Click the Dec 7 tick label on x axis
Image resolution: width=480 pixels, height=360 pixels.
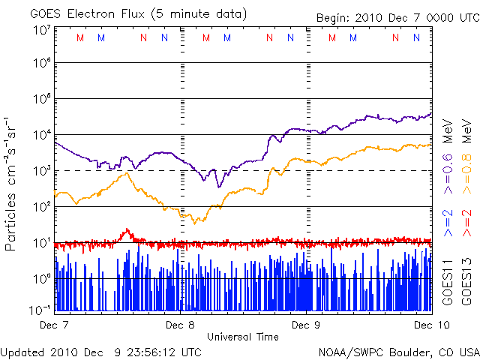tap(55, 325)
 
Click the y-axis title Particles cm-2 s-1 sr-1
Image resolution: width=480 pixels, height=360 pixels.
tap(13, 183)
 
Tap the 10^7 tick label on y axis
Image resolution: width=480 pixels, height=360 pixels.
tap(42, 30)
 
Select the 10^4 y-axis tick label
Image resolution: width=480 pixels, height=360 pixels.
tap(42, 134)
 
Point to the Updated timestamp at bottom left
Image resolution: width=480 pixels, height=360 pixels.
tap(100, 351)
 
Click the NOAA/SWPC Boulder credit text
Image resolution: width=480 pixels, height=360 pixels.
tap(398, 351)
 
